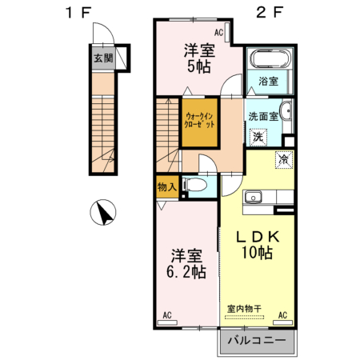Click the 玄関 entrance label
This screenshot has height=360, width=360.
102,58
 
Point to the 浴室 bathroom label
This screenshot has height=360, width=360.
268,82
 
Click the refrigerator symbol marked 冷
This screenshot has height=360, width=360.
283,158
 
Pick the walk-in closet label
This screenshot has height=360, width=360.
200,122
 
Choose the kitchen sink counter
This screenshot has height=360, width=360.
263,197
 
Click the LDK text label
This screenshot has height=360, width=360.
256,237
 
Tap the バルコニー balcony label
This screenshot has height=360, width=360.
255,341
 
